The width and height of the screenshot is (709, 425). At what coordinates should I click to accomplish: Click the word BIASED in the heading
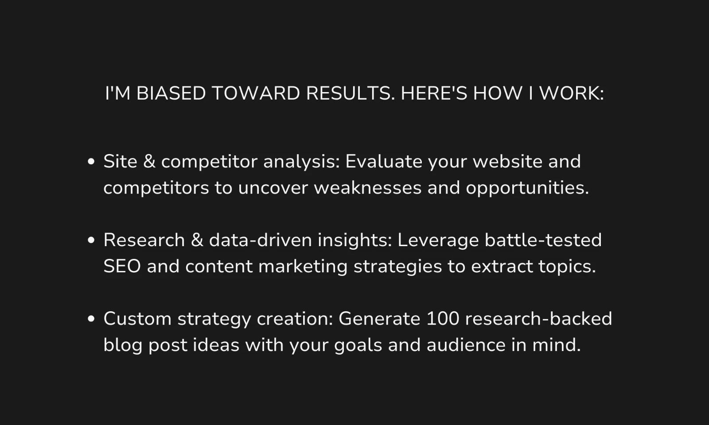(171, 93)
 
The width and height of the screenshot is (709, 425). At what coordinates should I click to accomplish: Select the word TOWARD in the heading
(256, 93)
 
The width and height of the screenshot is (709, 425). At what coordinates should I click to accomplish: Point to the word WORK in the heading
(571, 93)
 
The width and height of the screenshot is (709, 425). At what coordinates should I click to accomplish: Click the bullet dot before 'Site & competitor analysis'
(91, 162)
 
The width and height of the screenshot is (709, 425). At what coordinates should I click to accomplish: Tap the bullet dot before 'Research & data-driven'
(91, 240)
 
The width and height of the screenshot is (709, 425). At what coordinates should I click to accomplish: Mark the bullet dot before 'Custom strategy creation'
(91, 318)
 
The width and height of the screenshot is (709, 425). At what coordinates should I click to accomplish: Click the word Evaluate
(384, 161)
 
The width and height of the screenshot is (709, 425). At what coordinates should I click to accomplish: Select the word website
(507, 161)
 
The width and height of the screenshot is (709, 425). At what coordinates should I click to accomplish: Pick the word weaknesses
(367, 188)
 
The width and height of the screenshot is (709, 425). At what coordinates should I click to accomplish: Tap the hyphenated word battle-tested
(543, 240)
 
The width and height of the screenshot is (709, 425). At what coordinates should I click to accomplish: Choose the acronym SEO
(122, 266)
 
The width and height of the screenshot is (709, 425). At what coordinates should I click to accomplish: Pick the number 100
(443, 318)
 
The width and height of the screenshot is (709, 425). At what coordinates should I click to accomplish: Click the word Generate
(379, 318)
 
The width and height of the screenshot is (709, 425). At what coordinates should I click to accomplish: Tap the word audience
(466, 345)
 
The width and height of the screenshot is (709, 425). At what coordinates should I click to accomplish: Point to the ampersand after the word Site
(149, 161)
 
